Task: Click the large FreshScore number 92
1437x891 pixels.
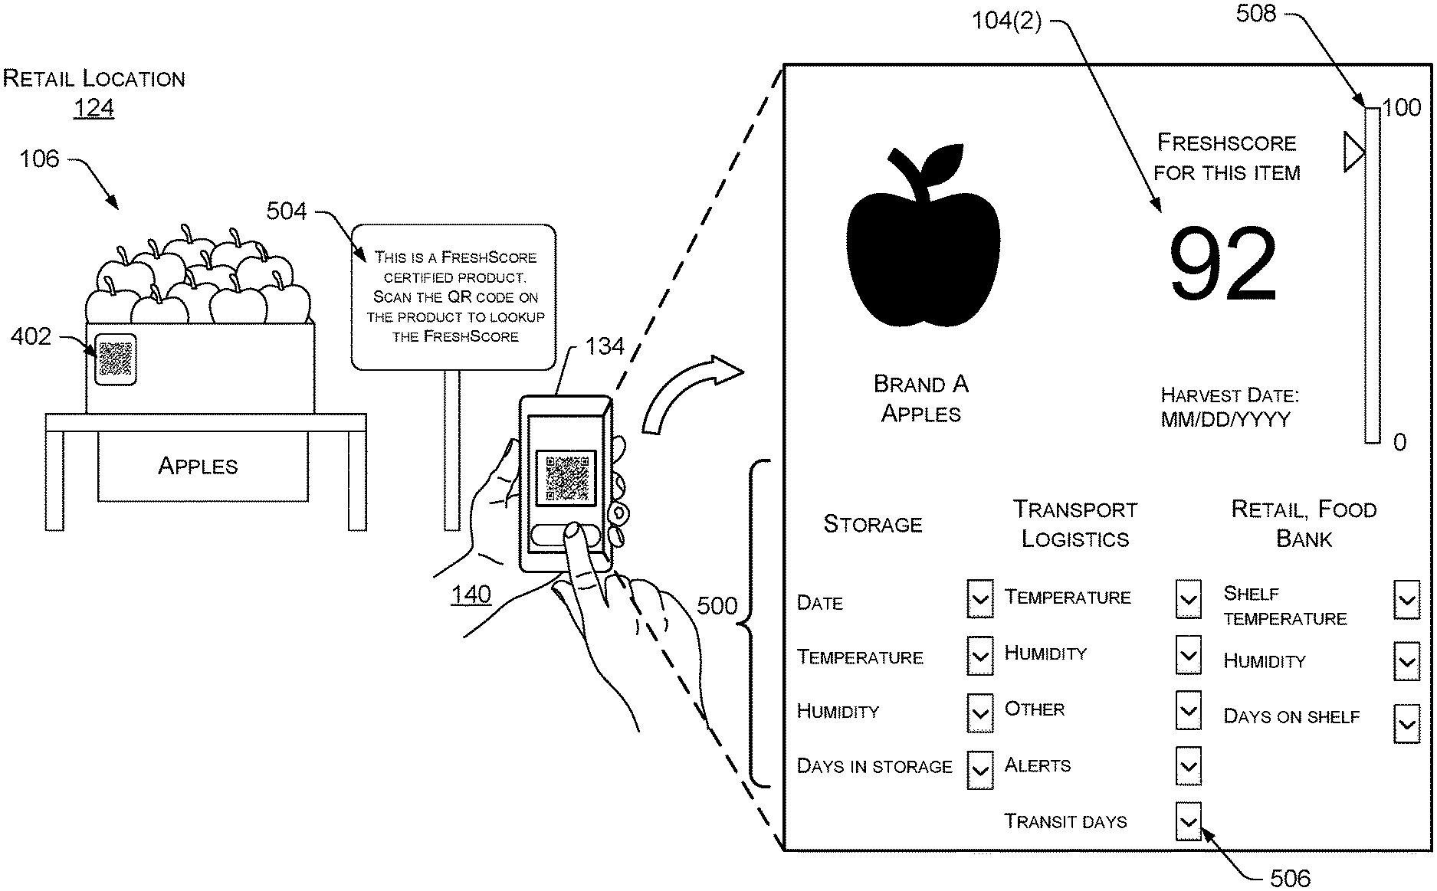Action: tap(1222, 264)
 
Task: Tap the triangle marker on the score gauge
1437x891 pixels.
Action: tap(1353, 151)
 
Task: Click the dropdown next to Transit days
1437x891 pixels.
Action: tap(1187, 821)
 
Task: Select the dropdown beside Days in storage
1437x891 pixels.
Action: tap(979, 768)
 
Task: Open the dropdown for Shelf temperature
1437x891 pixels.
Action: tap(1406, 600)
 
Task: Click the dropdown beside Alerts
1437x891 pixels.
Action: tap(1187, 765)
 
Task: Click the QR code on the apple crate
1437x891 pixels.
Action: tap(115, 359)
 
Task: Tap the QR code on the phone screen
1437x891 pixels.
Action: tap(566, 477)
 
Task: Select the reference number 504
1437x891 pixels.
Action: tap(286, 211)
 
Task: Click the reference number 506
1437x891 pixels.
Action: tap(1290, 877)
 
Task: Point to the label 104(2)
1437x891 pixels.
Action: tap(1006, 21)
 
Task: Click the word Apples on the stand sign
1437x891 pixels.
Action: tap(198, 466)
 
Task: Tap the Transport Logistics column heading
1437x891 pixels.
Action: tap(1074, 524)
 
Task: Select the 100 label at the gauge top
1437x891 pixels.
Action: tap(1402, 107)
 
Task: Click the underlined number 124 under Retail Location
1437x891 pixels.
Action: tap(94, 108)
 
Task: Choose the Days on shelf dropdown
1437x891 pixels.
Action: tap(1406, 723)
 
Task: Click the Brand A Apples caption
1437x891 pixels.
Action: tap(920, 398)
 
